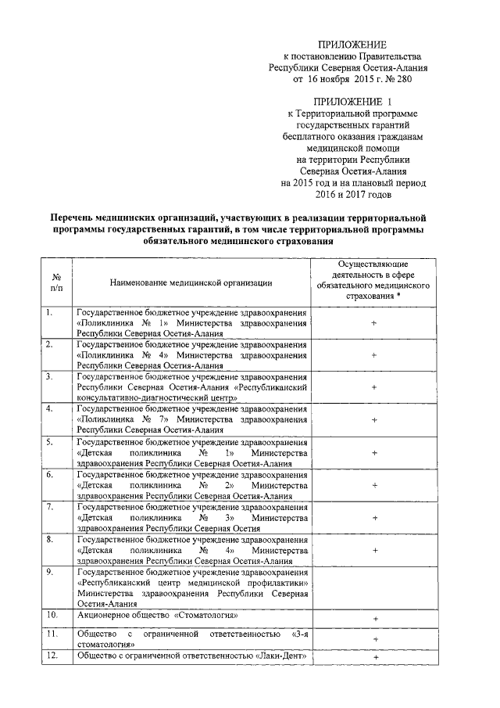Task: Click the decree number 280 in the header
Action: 401,79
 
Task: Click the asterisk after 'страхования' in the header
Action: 410,298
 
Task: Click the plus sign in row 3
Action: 375,387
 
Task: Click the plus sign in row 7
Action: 375,517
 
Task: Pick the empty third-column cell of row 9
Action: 375,588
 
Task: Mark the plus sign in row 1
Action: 375,322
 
